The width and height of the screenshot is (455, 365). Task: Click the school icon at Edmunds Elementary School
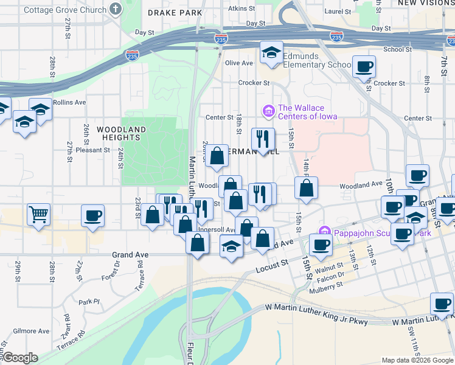(x=272, y=52)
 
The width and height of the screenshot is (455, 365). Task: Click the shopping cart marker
(x=38, y=214)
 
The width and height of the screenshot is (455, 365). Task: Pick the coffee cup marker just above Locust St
(x=321, y=245)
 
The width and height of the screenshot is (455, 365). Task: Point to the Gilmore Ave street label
(x=35, y=331)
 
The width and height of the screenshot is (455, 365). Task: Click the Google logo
(x=19, y=358)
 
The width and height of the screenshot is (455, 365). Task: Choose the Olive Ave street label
(x=238, y=63)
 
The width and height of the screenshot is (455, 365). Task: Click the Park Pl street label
(x=88, y=301)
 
